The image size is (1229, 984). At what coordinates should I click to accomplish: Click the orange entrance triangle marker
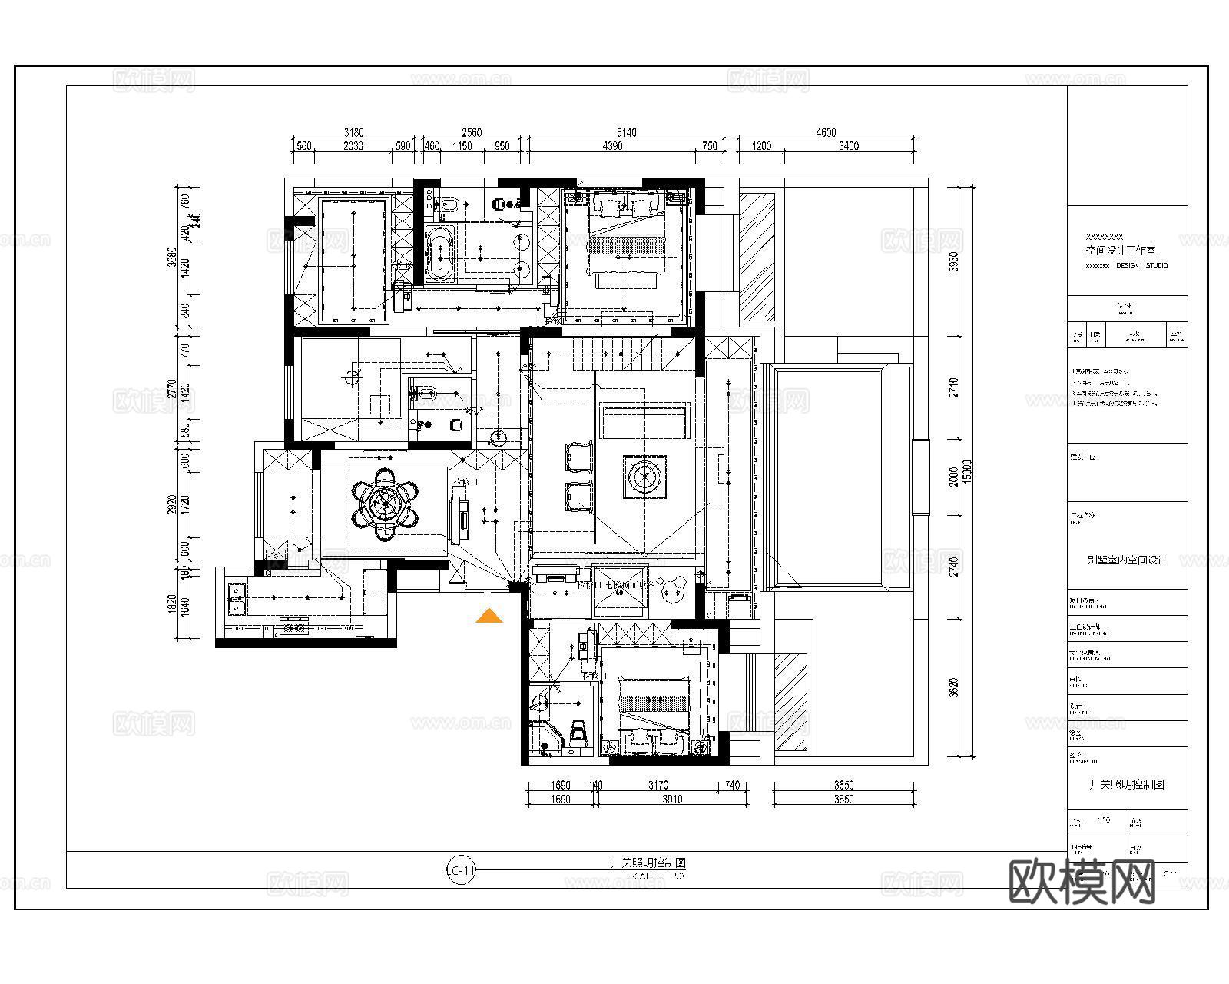(x=489, y=616)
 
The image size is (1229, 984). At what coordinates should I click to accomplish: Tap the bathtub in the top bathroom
(x=439, y=252)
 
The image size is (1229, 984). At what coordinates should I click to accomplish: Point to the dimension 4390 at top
(x=612, y=146)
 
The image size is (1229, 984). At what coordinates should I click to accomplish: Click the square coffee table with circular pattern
(x=644, y=477)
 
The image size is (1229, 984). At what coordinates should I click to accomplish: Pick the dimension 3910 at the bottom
(x=671, y=799)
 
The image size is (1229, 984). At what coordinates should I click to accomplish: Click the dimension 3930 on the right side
(x=954, y=261)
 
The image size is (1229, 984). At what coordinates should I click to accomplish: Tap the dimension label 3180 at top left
(x=353, y=133)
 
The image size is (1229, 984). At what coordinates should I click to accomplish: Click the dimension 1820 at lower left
(x=173, y=604)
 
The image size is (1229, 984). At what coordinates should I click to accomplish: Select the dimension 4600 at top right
(x=826, y=133)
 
